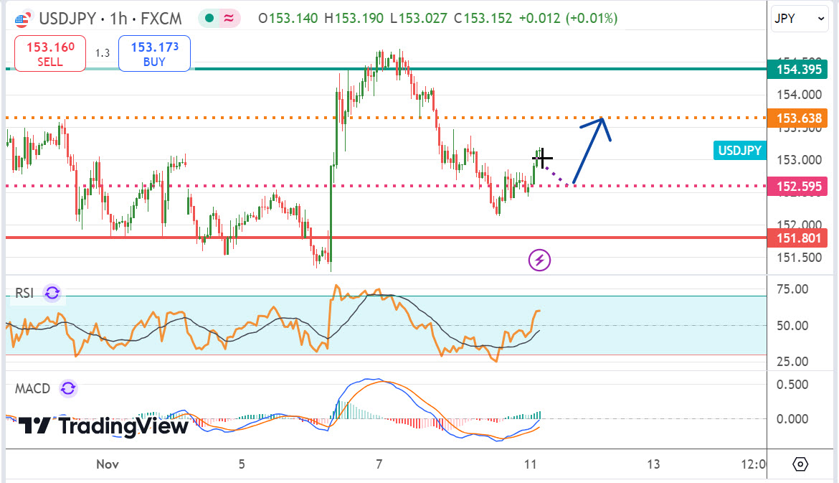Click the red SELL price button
pos(50,55)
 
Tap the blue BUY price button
pos(154,55)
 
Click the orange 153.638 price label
pos(796,118)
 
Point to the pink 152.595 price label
pos(796,187)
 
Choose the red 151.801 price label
pos(796,238)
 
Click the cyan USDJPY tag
pos(739,150)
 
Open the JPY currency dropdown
pos(799,19)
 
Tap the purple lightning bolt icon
pos(539,260)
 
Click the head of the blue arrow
pos(602,120)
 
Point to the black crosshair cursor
pos(542,157)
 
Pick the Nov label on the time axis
pos(108,464)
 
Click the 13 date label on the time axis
pos(653,464)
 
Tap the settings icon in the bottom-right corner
pos(801,464)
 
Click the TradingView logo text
pos(104,426)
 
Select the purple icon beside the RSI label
pos(52,293)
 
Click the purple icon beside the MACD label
pos(68,389)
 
